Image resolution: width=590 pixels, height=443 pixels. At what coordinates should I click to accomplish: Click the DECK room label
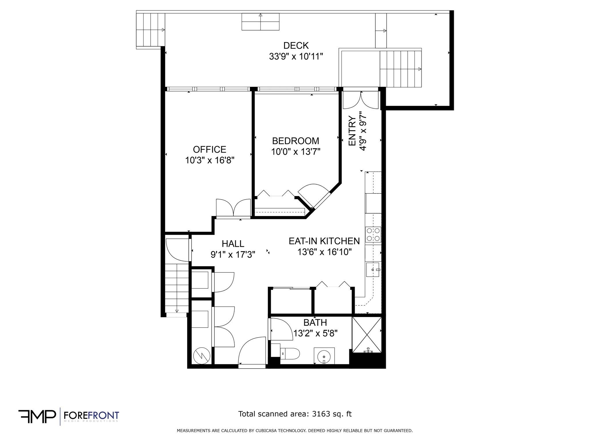(x=296, y=46)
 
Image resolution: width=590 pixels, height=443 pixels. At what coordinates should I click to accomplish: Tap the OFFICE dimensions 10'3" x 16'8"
(x=210, y=160)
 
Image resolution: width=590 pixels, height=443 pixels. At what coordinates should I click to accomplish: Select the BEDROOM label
(x=296, y=141)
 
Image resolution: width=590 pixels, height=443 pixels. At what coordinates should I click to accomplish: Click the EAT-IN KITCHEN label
(x=324, y=241)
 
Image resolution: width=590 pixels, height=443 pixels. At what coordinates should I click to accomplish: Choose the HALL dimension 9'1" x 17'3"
(x=233, y=255)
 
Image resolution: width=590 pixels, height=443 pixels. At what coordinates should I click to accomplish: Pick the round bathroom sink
(x=324, y=356)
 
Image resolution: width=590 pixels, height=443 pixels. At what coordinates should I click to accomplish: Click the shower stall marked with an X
(x=367, y=335)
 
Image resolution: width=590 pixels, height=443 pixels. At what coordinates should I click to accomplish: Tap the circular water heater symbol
(x=200, y=356)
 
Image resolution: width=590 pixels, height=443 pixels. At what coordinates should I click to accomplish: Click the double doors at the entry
(x=360, y=100)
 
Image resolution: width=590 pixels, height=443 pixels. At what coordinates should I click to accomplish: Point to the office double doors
(x=233, y=208)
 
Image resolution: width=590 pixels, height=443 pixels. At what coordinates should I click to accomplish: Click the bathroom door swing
(x=279, y=329)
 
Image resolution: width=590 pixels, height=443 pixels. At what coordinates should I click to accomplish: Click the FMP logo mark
(x=37, y=416)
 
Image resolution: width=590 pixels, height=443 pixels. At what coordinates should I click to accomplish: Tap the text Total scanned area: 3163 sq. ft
(x=295, y=414)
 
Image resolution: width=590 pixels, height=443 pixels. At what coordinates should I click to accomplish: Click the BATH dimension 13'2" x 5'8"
(x=315, y=333)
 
